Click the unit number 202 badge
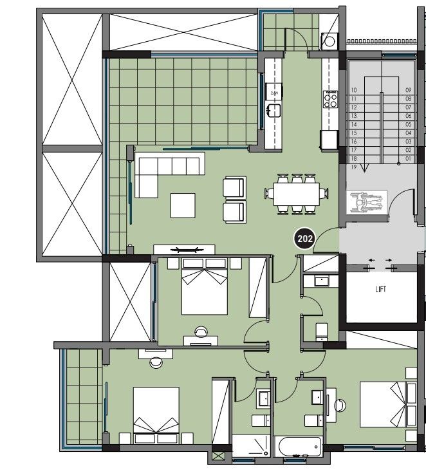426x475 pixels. point(304,239)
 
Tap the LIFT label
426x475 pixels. point(381,290)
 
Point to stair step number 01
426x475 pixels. point(408,158)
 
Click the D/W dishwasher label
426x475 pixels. point(274,93)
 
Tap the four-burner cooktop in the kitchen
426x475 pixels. point(331,99)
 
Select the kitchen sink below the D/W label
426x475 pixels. point(275,109)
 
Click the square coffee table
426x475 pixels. point(183,206)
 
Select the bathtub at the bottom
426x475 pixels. point(297,446)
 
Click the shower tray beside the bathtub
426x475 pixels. point(251,445)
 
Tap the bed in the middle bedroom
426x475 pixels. point(205,286)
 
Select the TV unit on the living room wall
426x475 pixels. point(184,248)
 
